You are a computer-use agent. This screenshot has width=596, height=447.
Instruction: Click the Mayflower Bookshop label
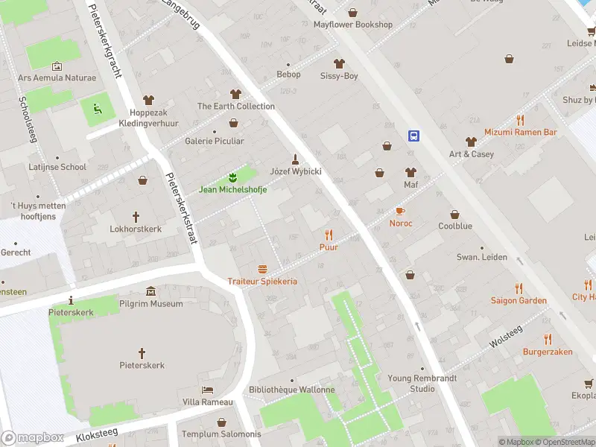tap(352, 25)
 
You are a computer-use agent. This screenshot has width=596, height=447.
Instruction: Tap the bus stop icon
tap(413, 136)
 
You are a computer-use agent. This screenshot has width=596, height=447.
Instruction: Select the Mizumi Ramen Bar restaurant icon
tap(520, 120)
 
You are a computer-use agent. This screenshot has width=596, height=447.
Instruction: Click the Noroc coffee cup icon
tap(400, 211)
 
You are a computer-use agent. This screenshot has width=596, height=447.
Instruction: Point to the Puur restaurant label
tap(329, 247)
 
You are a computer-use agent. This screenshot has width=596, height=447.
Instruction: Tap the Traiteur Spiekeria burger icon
tap(262, 269)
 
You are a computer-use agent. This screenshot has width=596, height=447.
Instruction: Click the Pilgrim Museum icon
tap(151, 291)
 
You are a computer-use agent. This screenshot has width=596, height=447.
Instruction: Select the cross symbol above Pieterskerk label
tap(142, 352)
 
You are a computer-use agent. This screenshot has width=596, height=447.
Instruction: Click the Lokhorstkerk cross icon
tap(136, 217)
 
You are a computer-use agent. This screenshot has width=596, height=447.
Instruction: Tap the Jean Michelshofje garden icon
tap(232, 177)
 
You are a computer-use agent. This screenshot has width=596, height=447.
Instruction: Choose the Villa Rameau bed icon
tap(208, 390)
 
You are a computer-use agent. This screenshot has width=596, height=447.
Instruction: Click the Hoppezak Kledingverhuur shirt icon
tap(148, 100)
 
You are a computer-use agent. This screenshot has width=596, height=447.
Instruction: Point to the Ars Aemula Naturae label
tap(57, 77)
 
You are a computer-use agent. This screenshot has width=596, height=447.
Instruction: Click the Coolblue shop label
tap(454, 225)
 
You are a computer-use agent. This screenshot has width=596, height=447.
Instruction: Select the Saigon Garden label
tap(519, 301)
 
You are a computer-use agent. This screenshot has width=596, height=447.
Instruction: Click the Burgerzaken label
tap(547, 351)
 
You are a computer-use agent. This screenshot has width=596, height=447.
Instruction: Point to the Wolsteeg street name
tap(506, 335)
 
